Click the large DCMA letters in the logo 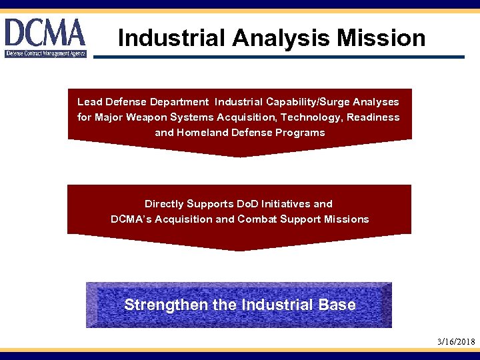[x=45, y=32]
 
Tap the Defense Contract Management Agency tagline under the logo [x=45, y=53]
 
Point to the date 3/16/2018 [x=456, y=342]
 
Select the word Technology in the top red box [x=289, y=117]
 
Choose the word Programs [x=300, y=133]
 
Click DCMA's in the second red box [x=131, y=219]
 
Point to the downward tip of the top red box [x=240, y=156]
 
